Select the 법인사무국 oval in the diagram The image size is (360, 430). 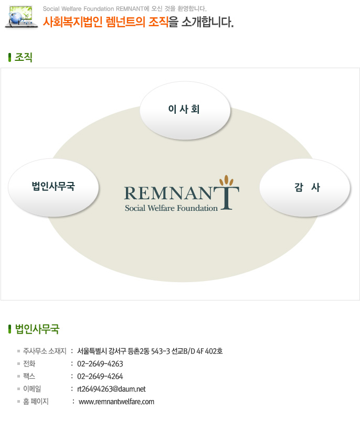pos(54,187)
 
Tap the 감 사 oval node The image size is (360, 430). pos(305,187)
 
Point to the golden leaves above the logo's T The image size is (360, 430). pos(226,180)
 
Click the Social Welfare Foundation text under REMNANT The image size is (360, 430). pos(171,208)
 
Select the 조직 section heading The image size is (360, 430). pos(24,57)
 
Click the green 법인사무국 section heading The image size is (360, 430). pos(37,329)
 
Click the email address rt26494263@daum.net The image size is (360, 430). pos(111,389)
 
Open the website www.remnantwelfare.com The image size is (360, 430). pos(117,402)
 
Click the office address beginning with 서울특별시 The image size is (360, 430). pos(150,351)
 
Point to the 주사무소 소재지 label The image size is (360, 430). pos(45,351)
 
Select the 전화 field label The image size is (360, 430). pos(29,363)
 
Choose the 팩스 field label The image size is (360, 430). pos(29,376)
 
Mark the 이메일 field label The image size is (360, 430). pos(33,389)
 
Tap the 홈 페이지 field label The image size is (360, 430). pos(36,402)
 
